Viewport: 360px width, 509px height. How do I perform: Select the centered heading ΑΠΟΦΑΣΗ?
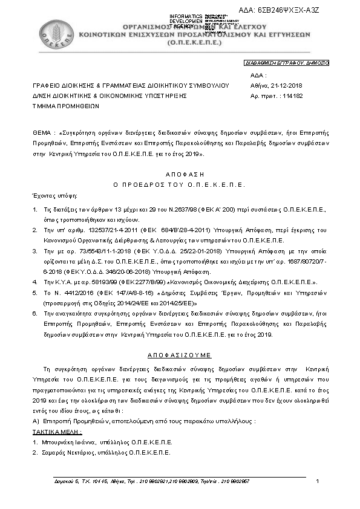[179, 173]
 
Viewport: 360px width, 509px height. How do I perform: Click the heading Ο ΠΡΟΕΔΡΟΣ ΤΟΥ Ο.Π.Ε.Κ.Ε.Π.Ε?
[179, 183]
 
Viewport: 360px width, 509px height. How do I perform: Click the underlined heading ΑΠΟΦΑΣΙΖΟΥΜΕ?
[179, 355]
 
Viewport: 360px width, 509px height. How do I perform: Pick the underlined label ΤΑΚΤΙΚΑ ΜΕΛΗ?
[57, 433]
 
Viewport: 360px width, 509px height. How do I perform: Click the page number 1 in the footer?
[318, 481]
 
